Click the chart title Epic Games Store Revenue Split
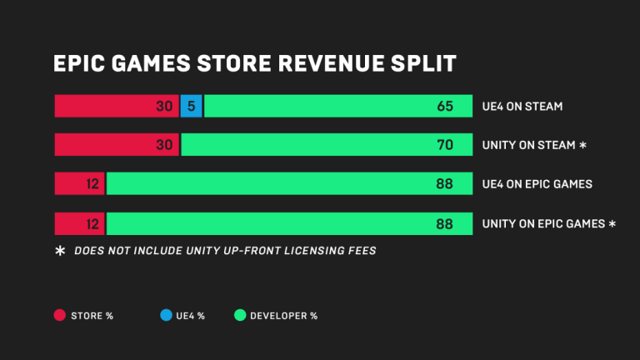(253, 64)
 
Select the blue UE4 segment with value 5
(192, 106)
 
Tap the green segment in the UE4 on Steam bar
(333, 106)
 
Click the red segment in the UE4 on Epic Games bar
(78, 184)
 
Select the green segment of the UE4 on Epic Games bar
(283, 184)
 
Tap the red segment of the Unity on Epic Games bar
(78, 223)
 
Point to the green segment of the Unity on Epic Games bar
(283, 223)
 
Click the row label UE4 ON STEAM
(522, 107)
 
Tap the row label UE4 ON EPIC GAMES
(537, 184)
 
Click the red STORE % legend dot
(59, 315)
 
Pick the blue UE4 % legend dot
(166, 315)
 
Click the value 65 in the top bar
(444, 107)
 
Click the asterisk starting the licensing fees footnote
(59, 251)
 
